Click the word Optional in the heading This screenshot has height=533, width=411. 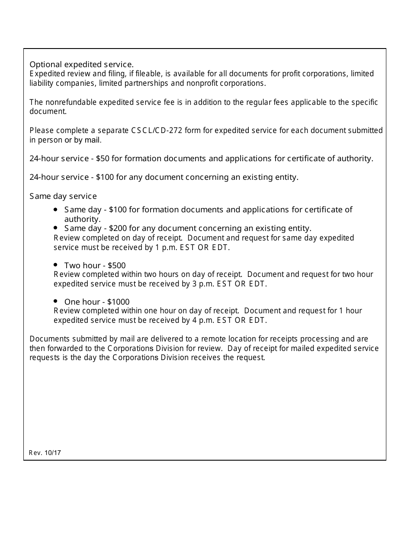click(44, 65)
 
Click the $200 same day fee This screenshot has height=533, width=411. click(118, 228)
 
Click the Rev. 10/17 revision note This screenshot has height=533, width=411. click(45, 453)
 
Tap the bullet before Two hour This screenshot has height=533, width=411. click(56, 265)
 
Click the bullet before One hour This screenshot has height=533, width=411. click(56, 301)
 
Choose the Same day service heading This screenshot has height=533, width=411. click(63, 196)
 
